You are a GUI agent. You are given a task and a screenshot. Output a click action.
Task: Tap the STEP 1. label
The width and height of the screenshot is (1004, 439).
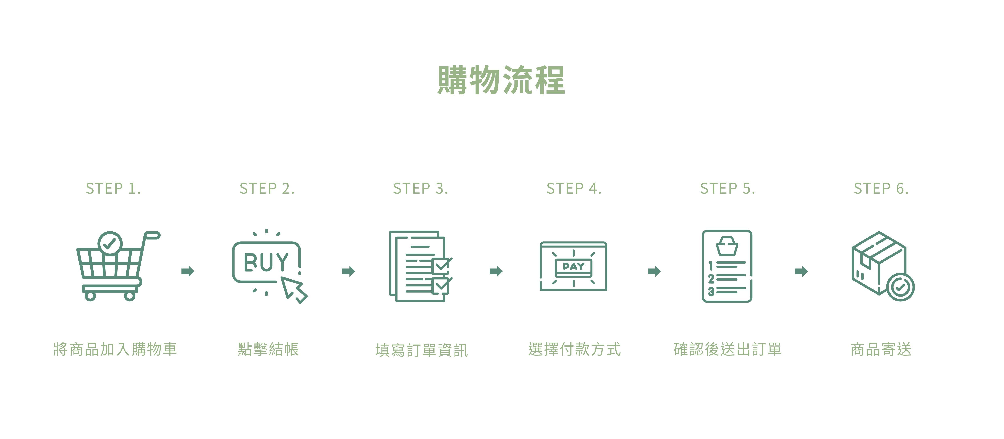[113, 189]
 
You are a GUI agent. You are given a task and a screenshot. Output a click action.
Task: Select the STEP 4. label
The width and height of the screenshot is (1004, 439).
[574, 189]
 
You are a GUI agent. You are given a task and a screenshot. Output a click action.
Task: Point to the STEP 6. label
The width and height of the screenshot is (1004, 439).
[881, 189]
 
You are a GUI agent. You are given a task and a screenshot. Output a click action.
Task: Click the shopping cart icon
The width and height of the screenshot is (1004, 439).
[113, 269]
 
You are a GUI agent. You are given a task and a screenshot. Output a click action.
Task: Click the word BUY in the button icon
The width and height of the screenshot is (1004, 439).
[266, 262]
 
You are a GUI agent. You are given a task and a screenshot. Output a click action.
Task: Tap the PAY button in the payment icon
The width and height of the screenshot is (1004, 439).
[573, 267]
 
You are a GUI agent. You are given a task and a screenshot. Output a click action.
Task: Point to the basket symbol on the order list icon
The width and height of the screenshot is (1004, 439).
[727, 246]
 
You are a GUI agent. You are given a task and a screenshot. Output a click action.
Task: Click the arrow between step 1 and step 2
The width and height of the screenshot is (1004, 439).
[188, 271]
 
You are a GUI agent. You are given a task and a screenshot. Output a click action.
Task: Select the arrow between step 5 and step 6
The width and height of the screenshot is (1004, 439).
[801, 271]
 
